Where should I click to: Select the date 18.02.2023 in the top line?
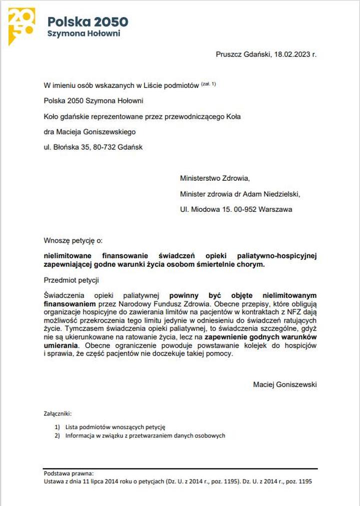(292, 54)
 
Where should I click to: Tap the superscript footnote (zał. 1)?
(208, 84)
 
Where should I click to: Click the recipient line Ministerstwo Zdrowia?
(214, 178)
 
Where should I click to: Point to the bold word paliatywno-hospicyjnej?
(277, 256)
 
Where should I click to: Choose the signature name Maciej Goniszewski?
(285, 385)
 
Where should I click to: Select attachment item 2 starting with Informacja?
(145, 436)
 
